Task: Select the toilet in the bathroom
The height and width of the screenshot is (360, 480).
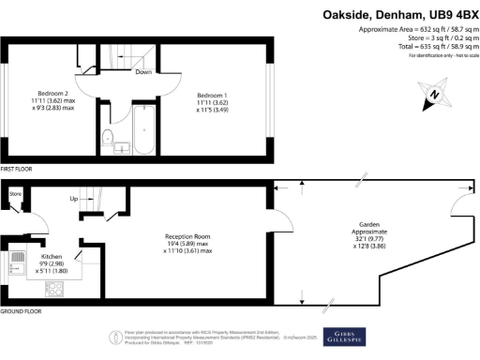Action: coord(106,142)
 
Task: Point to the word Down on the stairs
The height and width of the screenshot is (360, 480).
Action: coord(143,72)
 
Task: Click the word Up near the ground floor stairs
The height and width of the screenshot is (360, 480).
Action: coord(74,199)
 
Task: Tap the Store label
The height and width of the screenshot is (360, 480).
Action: coord(15,195)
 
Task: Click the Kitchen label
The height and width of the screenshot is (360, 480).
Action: coord(50,254)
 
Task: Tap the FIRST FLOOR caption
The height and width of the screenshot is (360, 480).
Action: coord(18,169)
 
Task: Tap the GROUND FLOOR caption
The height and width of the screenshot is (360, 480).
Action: coord(22,310)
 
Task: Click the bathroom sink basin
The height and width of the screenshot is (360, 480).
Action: coord(123,147)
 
